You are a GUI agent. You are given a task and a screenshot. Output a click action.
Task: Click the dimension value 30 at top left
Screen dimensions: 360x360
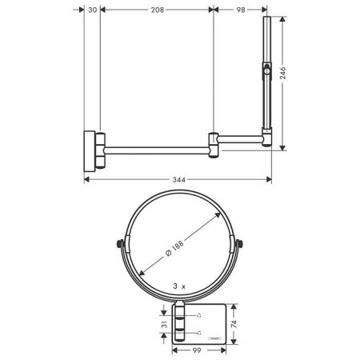tap(92, 11)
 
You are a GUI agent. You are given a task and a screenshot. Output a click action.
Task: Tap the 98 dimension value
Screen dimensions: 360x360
tap(241, 11)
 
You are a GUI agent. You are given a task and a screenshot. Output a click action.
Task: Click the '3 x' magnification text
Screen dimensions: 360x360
tap(179, 285)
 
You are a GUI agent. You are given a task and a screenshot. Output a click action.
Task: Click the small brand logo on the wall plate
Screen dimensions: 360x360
tap(214, 339)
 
